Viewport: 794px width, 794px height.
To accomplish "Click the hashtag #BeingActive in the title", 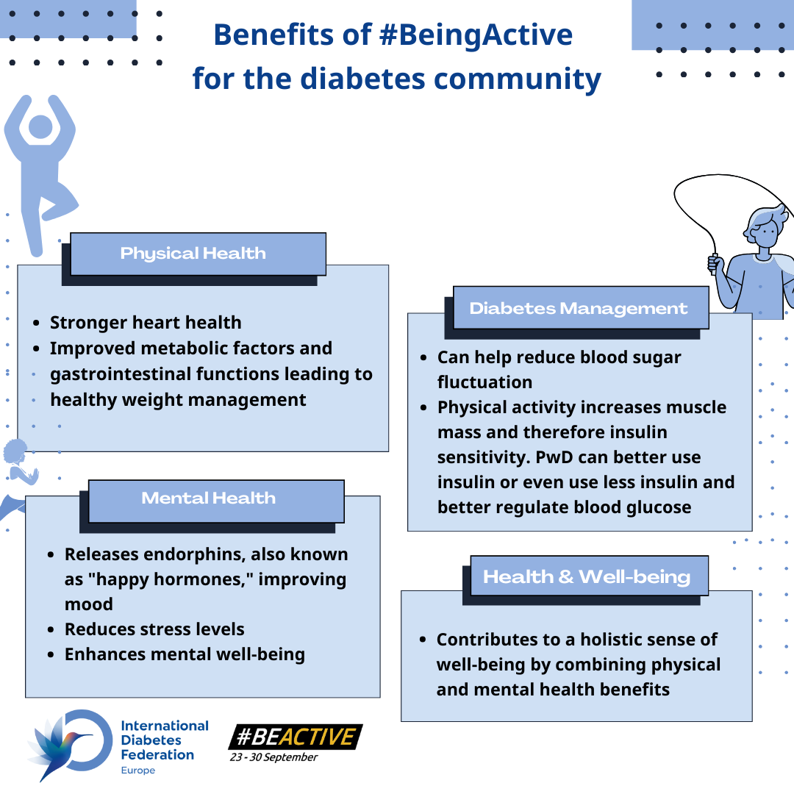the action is [x=476, y=35].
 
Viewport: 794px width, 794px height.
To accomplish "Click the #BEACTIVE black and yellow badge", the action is [x=296, y=737].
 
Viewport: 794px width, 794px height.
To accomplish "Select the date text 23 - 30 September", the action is [x=273, y=757].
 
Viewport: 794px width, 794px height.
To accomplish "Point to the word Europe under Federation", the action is [x=137, y=770].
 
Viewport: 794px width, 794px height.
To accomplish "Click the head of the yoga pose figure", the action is [x=40, y=126].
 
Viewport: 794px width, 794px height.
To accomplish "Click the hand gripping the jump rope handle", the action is [x=715, y=265].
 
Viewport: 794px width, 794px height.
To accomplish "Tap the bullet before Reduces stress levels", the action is [x=51, y=630].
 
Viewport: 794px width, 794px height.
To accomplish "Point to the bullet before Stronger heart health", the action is [x=36, y=323].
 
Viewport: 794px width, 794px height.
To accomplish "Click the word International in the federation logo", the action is [x=165, y=726].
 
